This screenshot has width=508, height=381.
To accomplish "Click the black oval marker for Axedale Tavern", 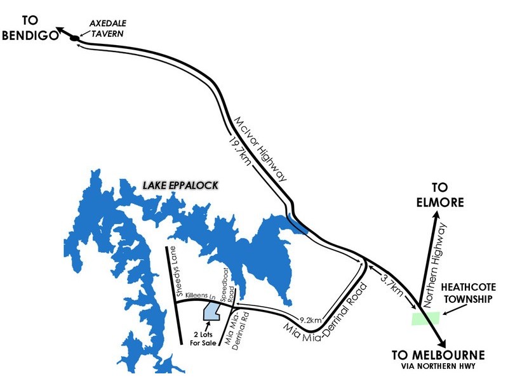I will [75, 39].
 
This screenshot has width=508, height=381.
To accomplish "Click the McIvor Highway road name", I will [262, 149].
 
